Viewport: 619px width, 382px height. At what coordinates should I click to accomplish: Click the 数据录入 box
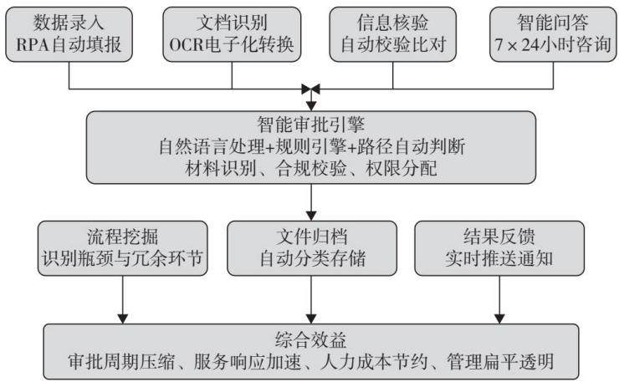point(69,34)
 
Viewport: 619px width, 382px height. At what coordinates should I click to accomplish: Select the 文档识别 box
point(232,34)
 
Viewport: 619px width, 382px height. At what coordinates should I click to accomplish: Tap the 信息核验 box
point(393,34)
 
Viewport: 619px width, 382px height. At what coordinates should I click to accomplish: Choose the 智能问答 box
point(553,34)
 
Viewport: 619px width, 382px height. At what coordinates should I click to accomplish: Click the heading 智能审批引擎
point(311,125)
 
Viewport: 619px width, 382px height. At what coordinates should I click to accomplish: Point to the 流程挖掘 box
point(123,248)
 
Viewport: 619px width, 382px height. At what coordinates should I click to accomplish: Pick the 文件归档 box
point(312,248)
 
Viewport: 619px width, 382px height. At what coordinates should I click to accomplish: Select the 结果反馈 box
point(499,248)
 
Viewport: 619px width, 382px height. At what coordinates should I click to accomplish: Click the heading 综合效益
point(311,339)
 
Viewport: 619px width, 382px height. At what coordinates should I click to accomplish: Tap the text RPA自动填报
point(69,44)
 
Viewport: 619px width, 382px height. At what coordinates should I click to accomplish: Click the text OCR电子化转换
point(232,44)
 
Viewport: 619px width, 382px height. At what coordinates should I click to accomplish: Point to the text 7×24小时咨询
point(553,44)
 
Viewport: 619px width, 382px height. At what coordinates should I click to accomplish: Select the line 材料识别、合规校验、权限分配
point(311,169)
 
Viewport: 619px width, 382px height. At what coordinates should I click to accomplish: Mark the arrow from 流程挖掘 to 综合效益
point(123,300)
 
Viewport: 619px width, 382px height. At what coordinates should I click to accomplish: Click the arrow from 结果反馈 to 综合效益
point(499,300)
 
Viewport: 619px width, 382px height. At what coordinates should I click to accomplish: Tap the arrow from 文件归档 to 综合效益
point(311,300)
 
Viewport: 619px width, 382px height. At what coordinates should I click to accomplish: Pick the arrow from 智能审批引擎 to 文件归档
point(311,202)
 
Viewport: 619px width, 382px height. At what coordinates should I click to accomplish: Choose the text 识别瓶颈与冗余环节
point(123,258)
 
